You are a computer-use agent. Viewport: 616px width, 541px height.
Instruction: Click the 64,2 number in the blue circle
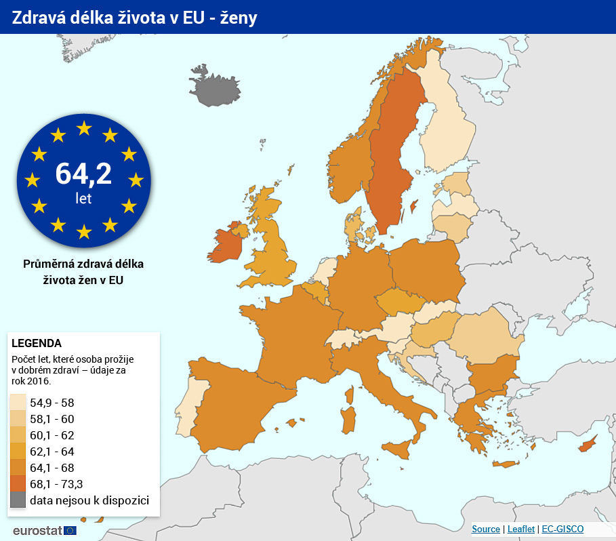[x=83, y=174]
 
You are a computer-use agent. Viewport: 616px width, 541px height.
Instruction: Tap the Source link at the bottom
[x=485, y=529]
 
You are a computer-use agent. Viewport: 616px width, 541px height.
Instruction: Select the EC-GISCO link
[x=562, y=529]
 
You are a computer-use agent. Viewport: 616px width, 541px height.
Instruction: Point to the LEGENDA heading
[x=37, y=343]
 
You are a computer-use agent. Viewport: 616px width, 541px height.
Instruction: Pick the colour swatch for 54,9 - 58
[x=18, y=403]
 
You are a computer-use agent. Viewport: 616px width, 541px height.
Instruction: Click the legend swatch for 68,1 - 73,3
[x=18, y=484]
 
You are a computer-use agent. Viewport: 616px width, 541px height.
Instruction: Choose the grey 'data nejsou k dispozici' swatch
[x=18, y=500]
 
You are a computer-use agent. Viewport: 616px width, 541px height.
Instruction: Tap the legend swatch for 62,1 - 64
[x=18, y=452]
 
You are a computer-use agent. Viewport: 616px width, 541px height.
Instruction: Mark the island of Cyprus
[x=587, y=445]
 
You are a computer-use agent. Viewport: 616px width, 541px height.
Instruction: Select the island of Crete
[x=505, y=464]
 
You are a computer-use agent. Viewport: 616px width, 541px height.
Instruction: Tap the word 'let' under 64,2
[x=83, y=199]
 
